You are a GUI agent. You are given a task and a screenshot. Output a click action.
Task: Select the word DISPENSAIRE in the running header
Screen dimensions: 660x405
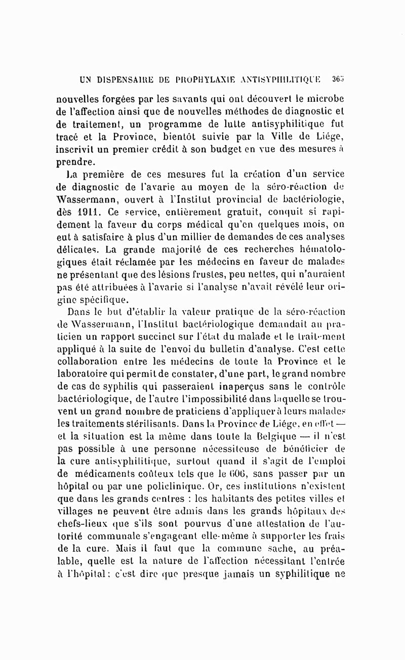pyautogui.click(x=118, y=79)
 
